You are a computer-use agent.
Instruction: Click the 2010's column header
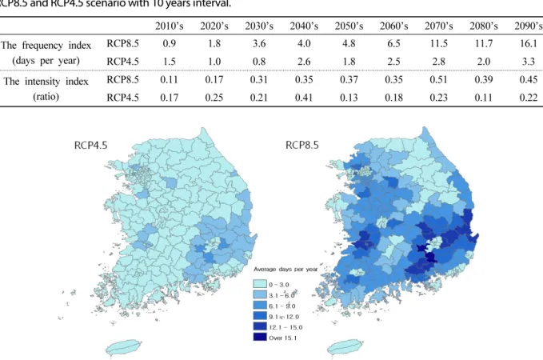click(x=169, y=26)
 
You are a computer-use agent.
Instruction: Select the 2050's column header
click(x=349, y=26)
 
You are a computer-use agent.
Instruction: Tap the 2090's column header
click(x=529, y=26)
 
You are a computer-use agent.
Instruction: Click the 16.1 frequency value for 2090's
click(x=528, y=43)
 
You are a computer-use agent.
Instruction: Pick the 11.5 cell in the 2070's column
click(x=438, y=43)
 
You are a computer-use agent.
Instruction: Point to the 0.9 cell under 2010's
click(x=169, y=43)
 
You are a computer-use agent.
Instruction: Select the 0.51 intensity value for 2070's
click(x=438, y=79)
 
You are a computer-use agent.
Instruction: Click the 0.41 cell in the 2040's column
click(x=304, y=98)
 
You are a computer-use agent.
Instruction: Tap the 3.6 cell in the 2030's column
click(x=258, y=43)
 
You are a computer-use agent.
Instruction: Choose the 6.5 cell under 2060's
click(x=393, y=43)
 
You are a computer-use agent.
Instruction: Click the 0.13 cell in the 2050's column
click(x=349, y=98)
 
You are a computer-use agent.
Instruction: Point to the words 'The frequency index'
click(x=46, y=46)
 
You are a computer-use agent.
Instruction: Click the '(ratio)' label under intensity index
click(x=46, y=96)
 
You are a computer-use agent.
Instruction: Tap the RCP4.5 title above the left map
click(x=90, y=145)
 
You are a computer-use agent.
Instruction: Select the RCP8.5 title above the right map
click(x=302, y=145)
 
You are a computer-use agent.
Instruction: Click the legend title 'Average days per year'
click(x=285, y=270)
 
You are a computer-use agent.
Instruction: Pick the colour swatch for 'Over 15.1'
click(x=260, y=337)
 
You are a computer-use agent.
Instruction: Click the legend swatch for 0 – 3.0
click(x=260, y=284)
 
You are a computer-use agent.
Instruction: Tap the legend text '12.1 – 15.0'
click(x=285, y=327)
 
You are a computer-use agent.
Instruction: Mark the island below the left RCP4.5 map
click(x=123, y=347)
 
